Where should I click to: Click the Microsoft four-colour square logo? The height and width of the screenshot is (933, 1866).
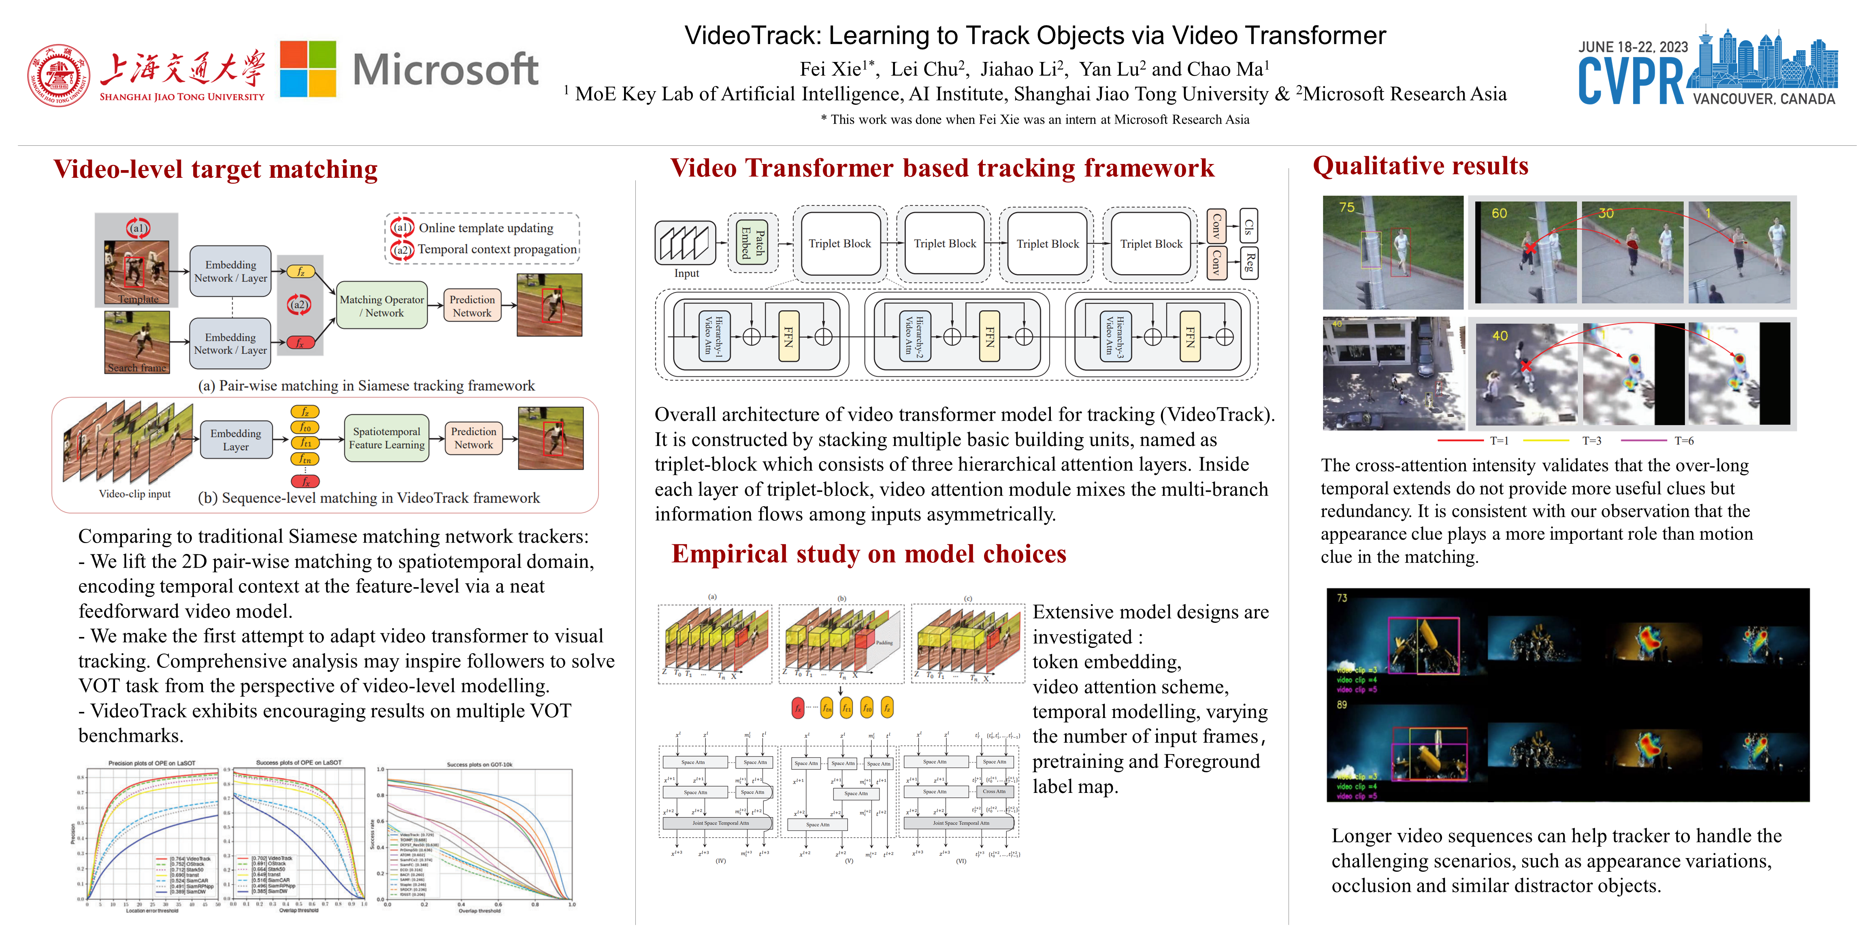pyautogui.click(x=308, y=69)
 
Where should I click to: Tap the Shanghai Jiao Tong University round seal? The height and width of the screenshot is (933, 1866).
pyautogui.click(x=59, y=75)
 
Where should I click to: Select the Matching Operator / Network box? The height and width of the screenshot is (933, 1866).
pyautogui.click(x=382, y=306)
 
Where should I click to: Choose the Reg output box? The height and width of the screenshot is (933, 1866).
pyautogui.click(x=1248, y=263)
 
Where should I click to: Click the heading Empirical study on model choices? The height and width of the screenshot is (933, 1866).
pyautogui.click(x=869, y=554)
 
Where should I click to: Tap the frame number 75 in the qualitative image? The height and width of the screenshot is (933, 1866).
pyautogui.click(x=1346, y=207)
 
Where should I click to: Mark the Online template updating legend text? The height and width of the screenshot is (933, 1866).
pyautogui.click(x=486, y=228)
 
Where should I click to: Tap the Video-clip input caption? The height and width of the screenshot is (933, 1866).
pyautogui.click(x=135, y=494)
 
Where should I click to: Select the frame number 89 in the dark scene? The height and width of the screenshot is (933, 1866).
pyautogui.click(x=1342, y=704)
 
